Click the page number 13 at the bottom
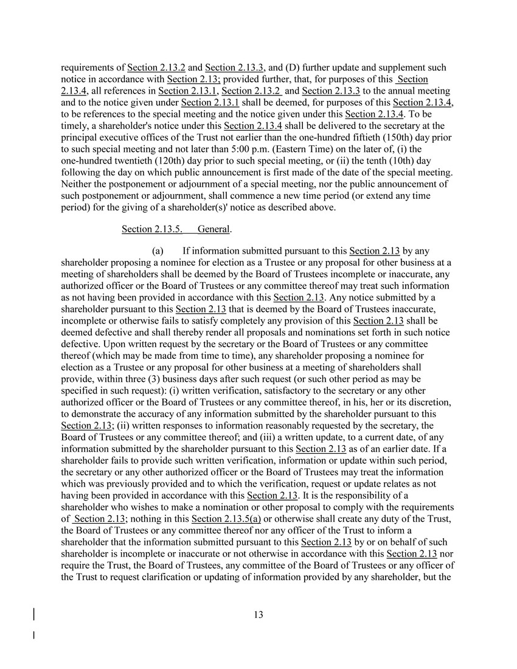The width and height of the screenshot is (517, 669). click(258, 615)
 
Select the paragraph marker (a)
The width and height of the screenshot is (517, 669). click(158, 251)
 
